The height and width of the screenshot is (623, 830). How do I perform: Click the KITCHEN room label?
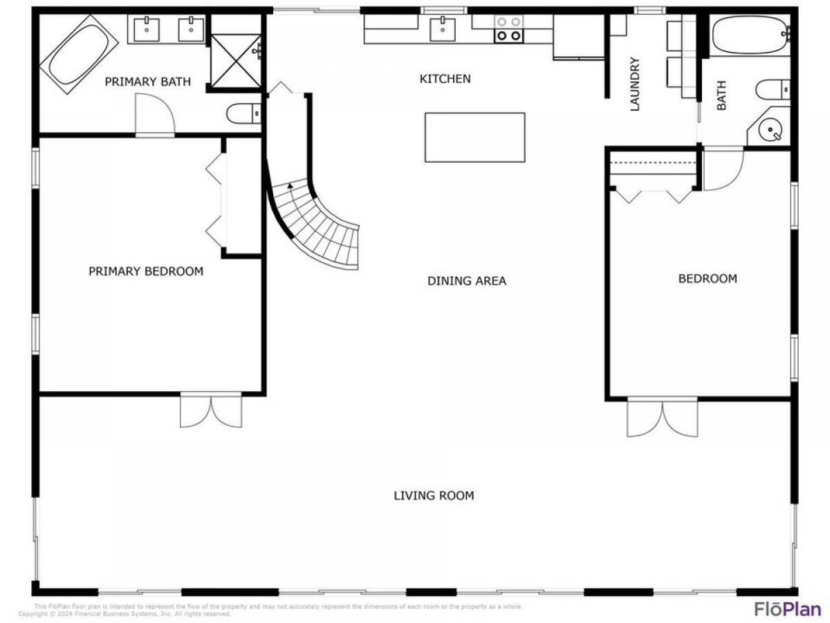coord(445,79)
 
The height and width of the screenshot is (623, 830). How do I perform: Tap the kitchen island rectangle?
coord(474,137)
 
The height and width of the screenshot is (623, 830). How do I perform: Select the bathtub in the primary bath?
coord(78,53)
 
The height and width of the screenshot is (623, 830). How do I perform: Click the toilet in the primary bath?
coord(244,112)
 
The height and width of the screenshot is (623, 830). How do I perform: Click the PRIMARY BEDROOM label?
coord(146,271)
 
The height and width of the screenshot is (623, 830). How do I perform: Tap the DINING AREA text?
coord(466,280)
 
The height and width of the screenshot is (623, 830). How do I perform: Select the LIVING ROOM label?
coord(434,496)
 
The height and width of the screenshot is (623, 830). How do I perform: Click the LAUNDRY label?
coord(636,84)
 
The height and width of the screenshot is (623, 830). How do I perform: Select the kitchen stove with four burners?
coord(508,28)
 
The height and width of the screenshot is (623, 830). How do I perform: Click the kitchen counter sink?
coord(442,29)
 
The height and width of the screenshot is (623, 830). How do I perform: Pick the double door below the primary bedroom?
coord(211,410)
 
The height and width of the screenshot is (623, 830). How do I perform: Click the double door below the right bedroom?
coord(663,417)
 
